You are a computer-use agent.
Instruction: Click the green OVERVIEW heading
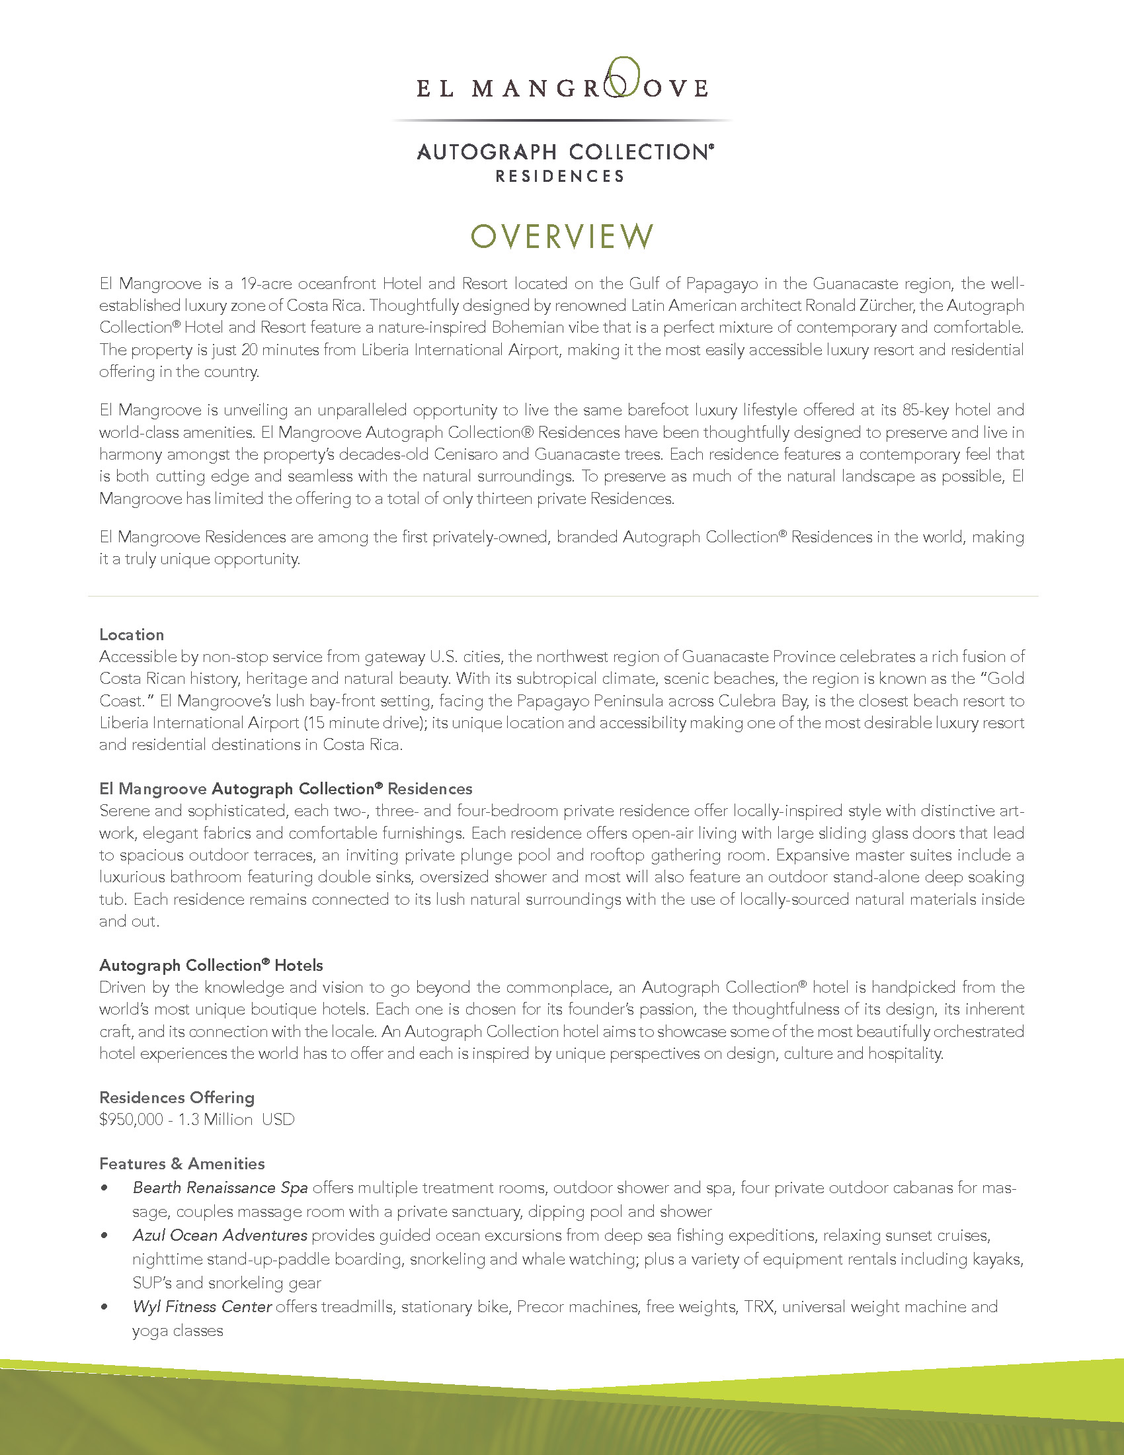[561, 237]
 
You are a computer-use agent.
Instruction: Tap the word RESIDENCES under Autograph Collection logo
[560, 177]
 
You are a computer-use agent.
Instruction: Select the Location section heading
[131, 634]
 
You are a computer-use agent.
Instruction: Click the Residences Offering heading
[177, 1097]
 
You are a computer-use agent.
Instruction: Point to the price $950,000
[131, 1119]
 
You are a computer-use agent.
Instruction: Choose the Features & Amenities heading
[182, 1163]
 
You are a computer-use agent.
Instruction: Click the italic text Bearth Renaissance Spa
[220, 1187]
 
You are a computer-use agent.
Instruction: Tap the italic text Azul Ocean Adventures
[220, 1235]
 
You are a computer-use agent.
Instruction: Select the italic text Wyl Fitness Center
[202, 1306]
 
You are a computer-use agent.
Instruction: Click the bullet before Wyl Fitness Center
[104, 1307]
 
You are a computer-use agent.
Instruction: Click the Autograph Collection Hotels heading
[210, 965]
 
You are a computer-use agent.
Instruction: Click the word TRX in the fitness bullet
[759, 1306]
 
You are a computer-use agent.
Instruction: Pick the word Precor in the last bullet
[540, 1306]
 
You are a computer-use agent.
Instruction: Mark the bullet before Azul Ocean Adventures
[104, 1236]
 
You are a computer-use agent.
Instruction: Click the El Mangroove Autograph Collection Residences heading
[286, 789]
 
